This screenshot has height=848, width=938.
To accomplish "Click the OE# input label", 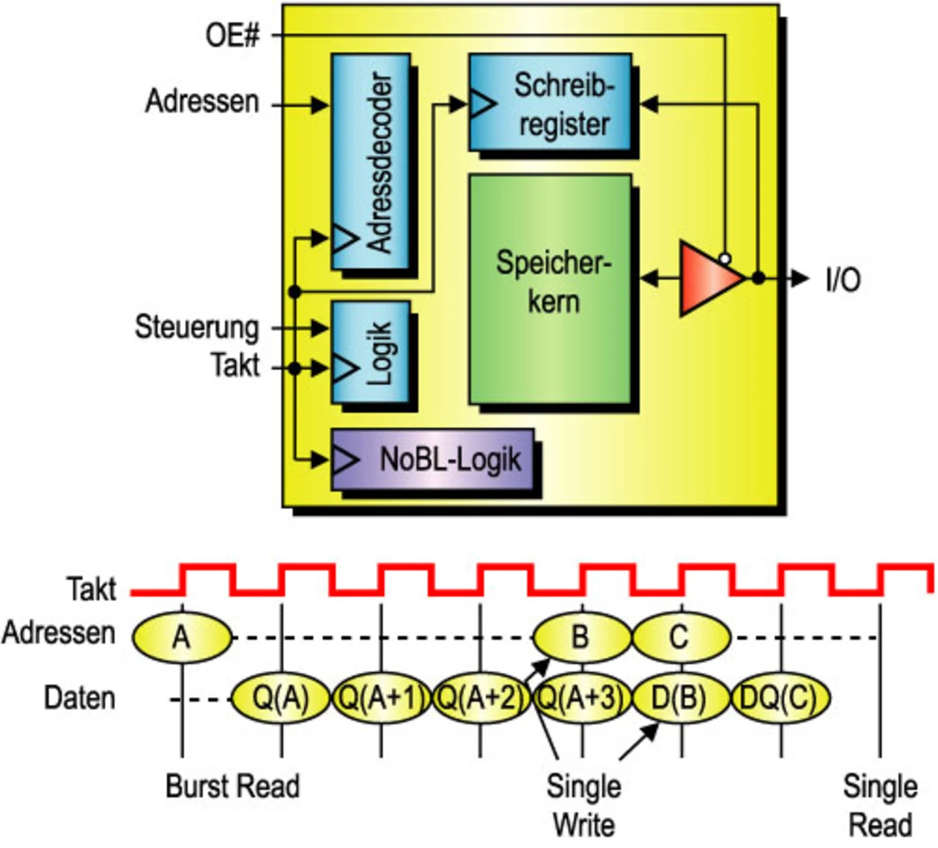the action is [232, 36].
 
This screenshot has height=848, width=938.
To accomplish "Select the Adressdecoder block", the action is [371, 161].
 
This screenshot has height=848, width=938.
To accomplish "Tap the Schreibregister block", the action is [550, 102].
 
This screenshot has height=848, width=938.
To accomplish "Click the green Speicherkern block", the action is [550, 289].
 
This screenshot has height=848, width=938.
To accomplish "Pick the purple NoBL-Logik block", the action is [432, 460].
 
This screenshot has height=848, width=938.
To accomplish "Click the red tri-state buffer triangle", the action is [712, 279].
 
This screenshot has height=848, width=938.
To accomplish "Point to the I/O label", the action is [843, 280].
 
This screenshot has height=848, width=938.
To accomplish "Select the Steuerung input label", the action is [197, 328].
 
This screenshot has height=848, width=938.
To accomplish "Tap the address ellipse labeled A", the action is [182, 637].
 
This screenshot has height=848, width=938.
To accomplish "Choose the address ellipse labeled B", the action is [582, 637].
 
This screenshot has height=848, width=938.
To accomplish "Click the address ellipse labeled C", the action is [682, 637].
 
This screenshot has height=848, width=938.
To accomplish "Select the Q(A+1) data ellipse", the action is [382, 698].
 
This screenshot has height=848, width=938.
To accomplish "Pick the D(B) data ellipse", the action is [680, 698].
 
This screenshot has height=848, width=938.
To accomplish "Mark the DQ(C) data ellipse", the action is [780, 698].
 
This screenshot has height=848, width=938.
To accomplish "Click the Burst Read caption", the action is [232, 786].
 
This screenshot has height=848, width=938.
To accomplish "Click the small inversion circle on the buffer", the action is [725, 259].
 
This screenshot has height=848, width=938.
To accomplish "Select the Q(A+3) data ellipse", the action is [581, 698].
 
